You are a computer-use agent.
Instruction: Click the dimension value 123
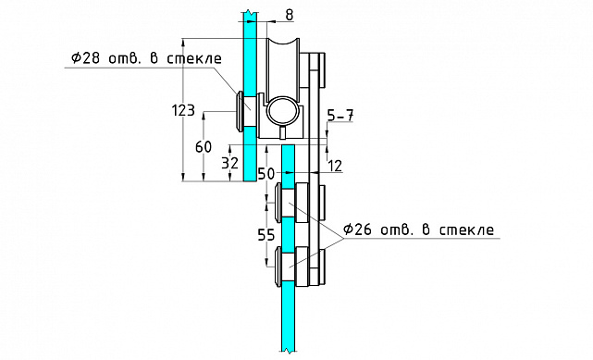[x=183, y=110]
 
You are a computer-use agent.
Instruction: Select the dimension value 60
[x=204, y=147]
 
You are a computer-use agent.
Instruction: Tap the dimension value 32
[x=230, y=164]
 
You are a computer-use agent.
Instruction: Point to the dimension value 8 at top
[x=289, y=15]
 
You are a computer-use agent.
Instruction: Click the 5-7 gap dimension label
[x=340, y=116]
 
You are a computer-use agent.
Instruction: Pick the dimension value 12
[x=335, y=166]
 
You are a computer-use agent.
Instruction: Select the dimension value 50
[x=266, y=174]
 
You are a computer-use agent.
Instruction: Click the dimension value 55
[x=266, y=235]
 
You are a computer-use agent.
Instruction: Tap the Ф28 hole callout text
[x=147, y=58]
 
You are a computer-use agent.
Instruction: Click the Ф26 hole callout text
[x=419, y=230]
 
